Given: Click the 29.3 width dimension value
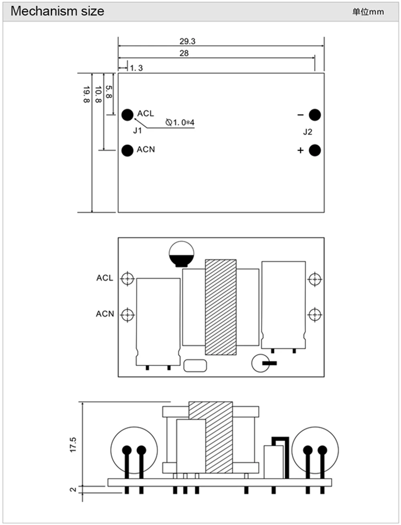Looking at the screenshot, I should tap(187, 41).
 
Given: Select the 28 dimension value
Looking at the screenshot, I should tap(184, 53).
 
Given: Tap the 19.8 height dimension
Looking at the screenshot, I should tap(86, 94).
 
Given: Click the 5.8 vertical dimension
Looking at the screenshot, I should tap(109, 91).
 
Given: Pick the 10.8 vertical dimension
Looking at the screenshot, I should tap(98, 94).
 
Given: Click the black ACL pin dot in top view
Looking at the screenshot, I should tap(127, 115).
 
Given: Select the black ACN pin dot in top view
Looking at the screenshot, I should tap(127, 150).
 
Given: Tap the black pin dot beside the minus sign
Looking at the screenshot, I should tap(315, 115).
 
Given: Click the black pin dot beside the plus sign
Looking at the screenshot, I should tap(315, 150).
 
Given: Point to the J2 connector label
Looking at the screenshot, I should tap(308, 132).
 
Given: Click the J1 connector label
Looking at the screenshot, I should tap(138, 131).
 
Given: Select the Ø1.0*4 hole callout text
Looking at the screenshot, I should tap(180, 122).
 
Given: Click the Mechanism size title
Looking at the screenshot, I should tap(57, 11).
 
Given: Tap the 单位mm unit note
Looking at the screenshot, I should tap(368, 12).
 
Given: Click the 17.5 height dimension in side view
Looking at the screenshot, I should tap(73, 445).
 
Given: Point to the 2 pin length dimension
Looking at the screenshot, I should tap(73, 489).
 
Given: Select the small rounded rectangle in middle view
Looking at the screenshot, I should tap(195, 365).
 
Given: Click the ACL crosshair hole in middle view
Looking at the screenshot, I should tap(128, 278).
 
